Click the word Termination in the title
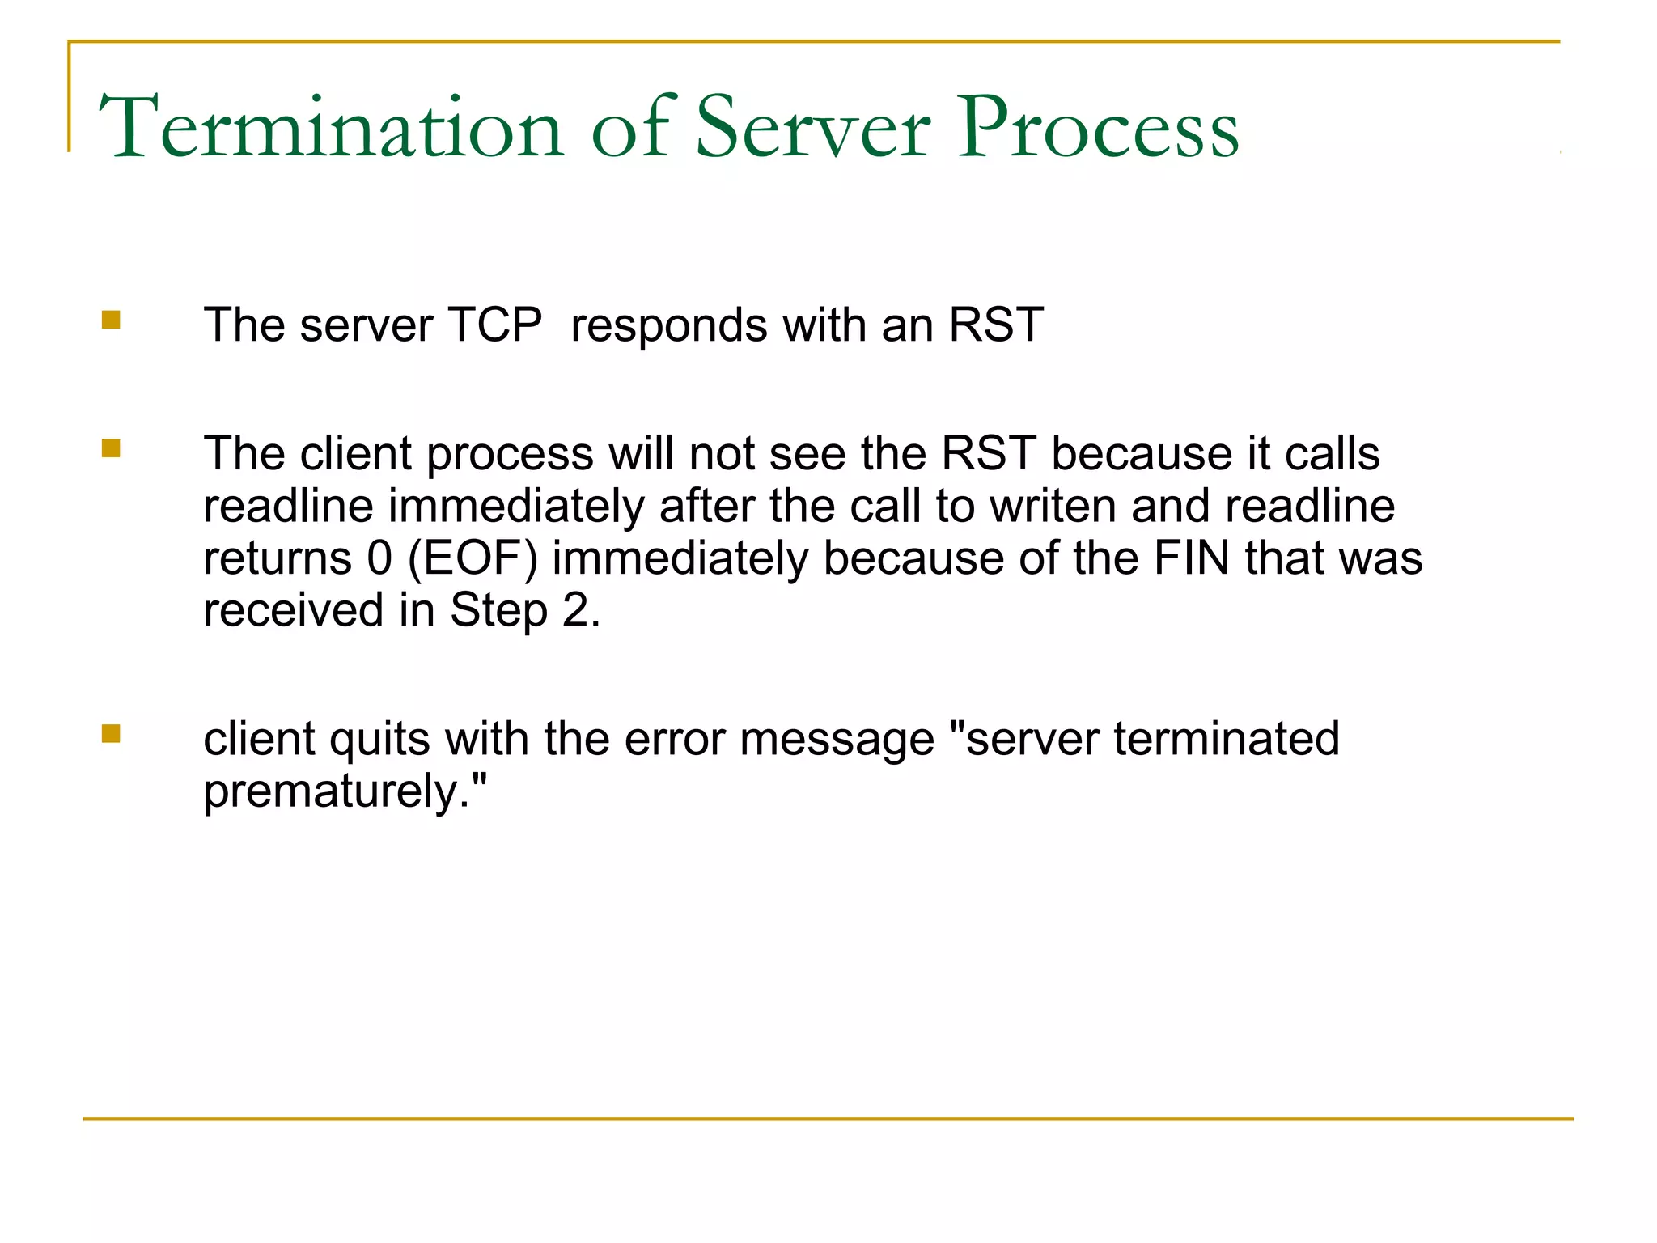click(x=330, y=128)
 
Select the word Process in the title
click(x=1098, y=128)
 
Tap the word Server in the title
click(x=813, y=128)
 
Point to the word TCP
click(x=494, y=325)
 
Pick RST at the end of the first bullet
click(x=996, y=325)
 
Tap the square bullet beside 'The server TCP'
click(x=111, y=320)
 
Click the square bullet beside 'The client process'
click(x=111, y=448)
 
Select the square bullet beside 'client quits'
click(x=111, y=733)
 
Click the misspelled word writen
click(x=1053, y=506)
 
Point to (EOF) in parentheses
click(x=473, y=559)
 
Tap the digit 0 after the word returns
click(x=379, y=558)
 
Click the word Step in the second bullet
click(x=498, y=612)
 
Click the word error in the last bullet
click(x=674, y=739)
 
